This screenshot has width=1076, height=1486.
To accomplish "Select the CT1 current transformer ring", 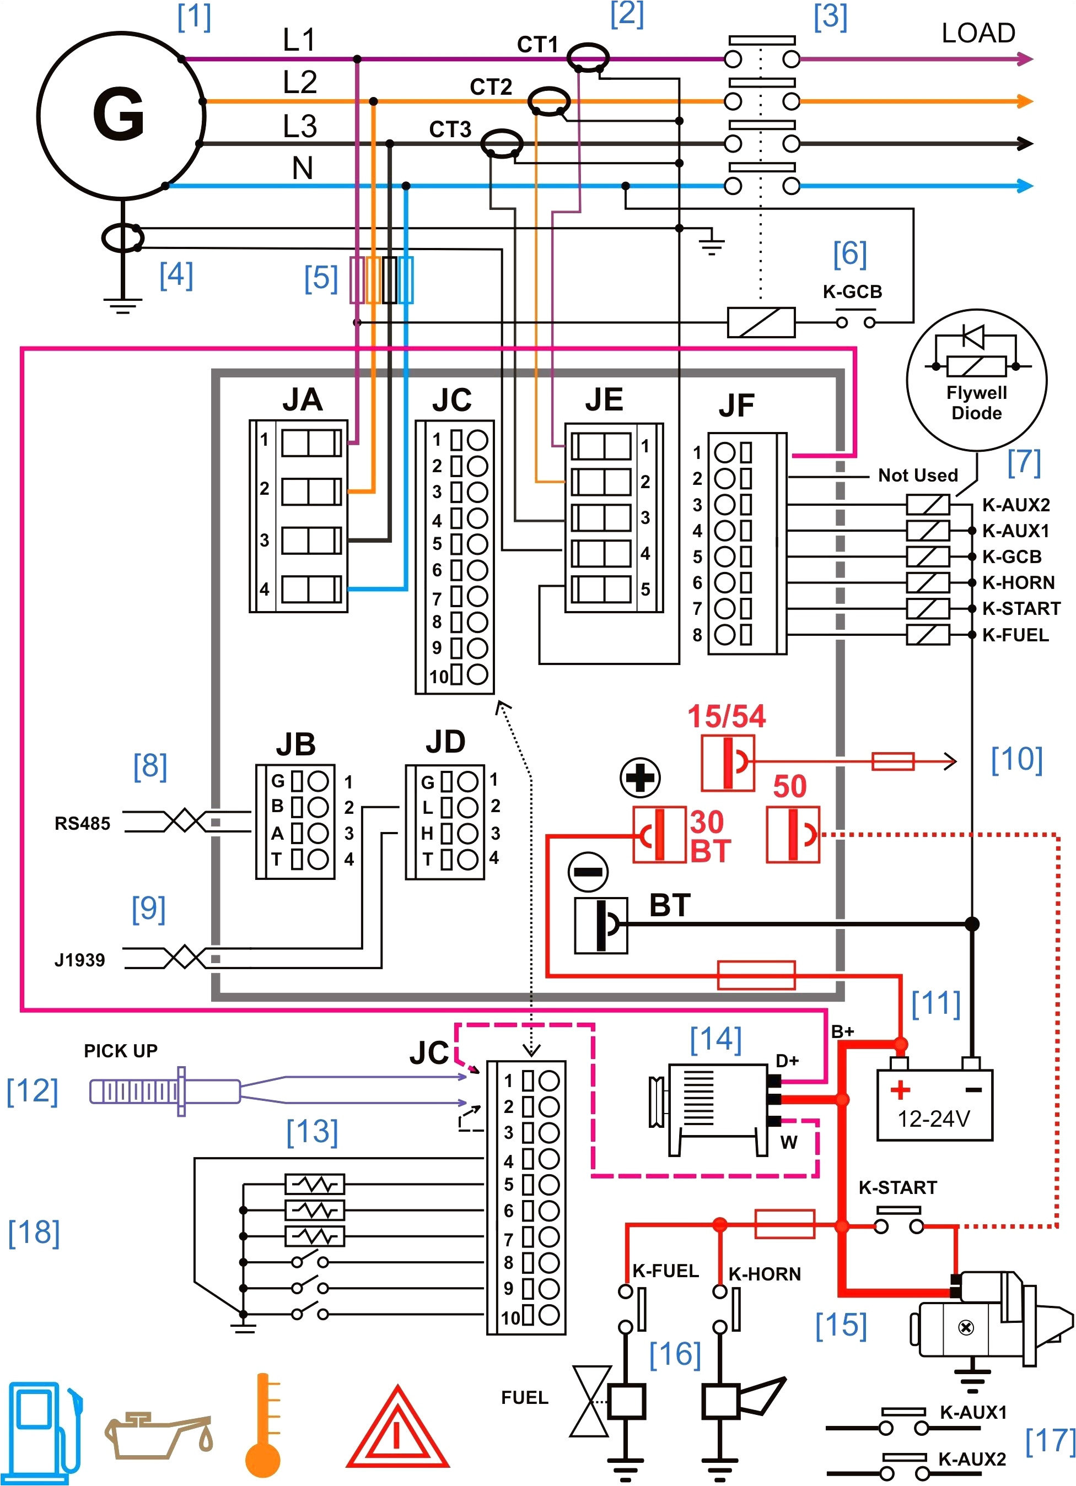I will click(587, 58).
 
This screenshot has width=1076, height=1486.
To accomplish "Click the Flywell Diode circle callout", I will click(976, 381).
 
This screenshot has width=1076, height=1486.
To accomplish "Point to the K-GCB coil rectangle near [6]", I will click(761, 322).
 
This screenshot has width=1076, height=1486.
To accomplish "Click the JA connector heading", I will click(302, 399).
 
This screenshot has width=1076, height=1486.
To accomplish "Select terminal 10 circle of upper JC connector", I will click(477, 674).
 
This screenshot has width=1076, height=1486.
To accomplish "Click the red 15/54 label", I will click(726, 716).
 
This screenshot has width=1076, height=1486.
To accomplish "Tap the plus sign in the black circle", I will click(640, 778).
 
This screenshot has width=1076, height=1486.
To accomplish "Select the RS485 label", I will click(83, 824).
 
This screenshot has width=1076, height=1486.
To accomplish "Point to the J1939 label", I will click(80, 960).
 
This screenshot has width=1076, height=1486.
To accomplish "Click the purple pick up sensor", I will click(164, 1091).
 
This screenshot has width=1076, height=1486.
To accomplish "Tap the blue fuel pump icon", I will click(42, 1431).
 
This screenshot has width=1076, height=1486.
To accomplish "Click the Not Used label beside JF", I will click(917, 475).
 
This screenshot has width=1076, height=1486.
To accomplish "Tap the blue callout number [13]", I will click(312, 1132).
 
